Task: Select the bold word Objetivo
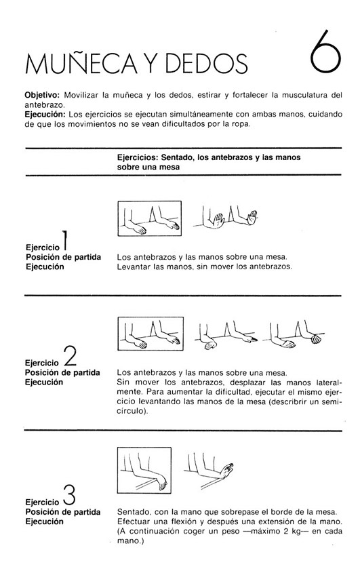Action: pyautogui.click(x=42, y=96)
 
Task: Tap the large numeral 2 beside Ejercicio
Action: pyautogui.click(x=70, y=356)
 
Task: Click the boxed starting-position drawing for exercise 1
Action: pyautogui.click(x=150, y=218)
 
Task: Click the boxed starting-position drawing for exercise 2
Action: pyautogui.click(x=151, y=334)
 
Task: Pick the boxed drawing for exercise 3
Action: pyautogui.click(x=144, y=470)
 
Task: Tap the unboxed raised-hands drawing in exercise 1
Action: pyautogui.click(x=226, y=218)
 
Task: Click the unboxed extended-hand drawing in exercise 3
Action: pyautogui.click(x=209, y=471)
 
